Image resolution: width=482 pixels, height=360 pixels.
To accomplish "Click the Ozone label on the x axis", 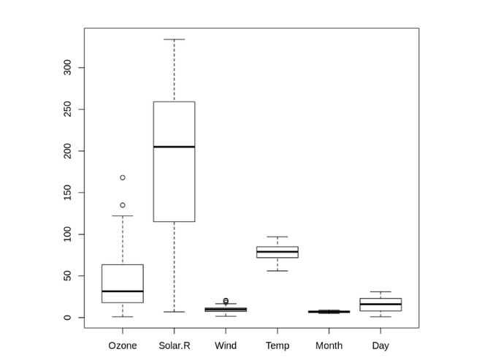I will click(122, 345).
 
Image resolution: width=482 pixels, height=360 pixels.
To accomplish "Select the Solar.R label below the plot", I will click(174, 345).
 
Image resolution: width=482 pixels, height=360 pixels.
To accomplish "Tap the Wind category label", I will click(226, 345).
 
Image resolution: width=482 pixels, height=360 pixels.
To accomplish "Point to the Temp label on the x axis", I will click(278, 345).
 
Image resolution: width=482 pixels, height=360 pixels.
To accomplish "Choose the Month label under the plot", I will click(329, 345).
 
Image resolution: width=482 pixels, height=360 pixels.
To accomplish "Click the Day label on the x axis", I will click(380, 345).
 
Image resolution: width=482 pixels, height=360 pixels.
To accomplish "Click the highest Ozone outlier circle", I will click(123, 177).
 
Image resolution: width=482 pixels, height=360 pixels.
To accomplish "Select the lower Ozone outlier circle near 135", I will click(123, 205).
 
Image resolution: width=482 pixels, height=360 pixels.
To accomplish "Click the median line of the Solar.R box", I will click(174, 147).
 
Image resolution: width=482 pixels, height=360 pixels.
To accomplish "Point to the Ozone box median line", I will click(123, 291).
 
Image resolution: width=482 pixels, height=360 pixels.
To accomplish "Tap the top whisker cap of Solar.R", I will click(174, 39).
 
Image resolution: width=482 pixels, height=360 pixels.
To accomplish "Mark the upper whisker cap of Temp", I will click(278, 237).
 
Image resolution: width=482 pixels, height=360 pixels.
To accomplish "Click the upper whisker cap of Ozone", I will click(123, 216).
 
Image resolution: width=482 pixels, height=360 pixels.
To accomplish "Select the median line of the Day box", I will click(380, 305).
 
